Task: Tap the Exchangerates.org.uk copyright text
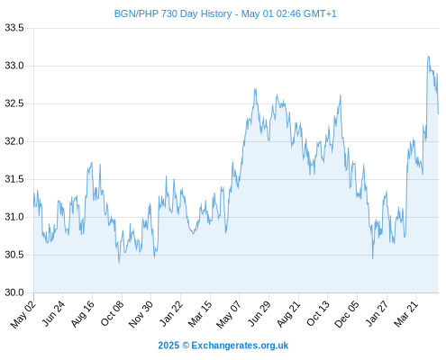click(223, 346)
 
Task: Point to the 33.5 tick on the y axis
click(14, 28)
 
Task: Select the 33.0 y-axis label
click(14, 66)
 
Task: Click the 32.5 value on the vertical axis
click(14, 103)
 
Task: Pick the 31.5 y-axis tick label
click(14, 179)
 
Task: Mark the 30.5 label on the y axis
click(14, 255)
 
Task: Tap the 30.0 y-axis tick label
click(14, 292)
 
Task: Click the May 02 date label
click(23, 314)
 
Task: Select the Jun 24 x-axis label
click(53, 314)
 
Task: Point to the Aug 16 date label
click(82, 314)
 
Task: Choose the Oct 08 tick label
click(112, 314)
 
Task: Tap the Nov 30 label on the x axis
click(141, 314)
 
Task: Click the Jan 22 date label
click(170, 314)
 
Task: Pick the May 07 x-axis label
click(229, 314)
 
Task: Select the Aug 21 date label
click(288, 314)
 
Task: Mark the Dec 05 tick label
click(346, 314)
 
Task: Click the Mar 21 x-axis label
click(405, 314)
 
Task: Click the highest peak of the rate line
click(428, 57)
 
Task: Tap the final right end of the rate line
click(438, 113)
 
